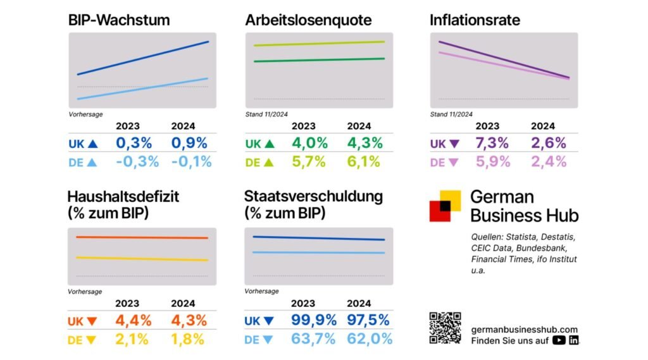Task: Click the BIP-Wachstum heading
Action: [119, 20]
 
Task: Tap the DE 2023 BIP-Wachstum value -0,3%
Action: [137, 161]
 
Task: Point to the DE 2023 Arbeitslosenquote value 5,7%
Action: [309, 161]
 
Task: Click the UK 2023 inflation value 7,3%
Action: [492, 143]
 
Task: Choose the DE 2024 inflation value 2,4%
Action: [548, 161]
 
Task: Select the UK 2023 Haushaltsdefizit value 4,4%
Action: [134, 321]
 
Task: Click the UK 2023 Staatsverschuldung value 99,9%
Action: [313, 321]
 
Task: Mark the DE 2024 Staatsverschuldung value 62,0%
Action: [370, 339]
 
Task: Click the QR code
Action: [445, 328]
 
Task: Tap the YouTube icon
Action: [558, 340]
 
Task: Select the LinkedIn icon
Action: [574, 340]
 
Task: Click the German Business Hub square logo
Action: [445, 206]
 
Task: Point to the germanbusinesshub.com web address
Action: [525, 329]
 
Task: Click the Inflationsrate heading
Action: [475, 20]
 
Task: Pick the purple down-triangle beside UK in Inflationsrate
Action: [453, 144]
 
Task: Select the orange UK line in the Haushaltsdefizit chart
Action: [142, 237]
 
